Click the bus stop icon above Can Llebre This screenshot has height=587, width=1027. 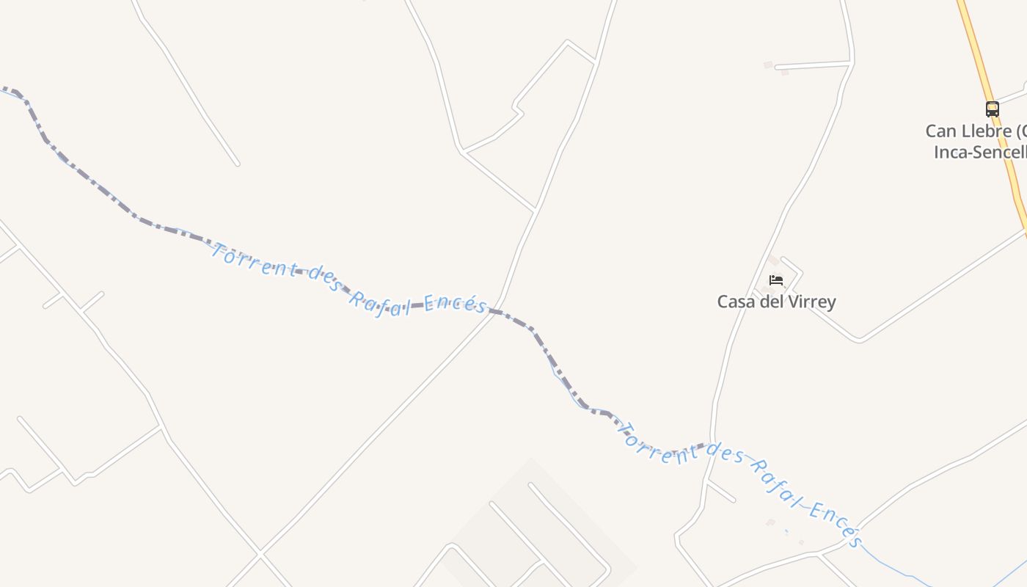pyautogui.click(x=992, y=109)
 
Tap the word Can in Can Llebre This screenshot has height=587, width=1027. pyautogui.click(x=940, y=131)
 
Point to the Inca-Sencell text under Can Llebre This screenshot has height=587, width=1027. pyautogui.click(x=980, y=152)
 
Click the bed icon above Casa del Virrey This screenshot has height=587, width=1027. pyautogui.click(x=776, y=280)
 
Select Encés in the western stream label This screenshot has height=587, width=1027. pyautogui.click(x=456, y=303)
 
